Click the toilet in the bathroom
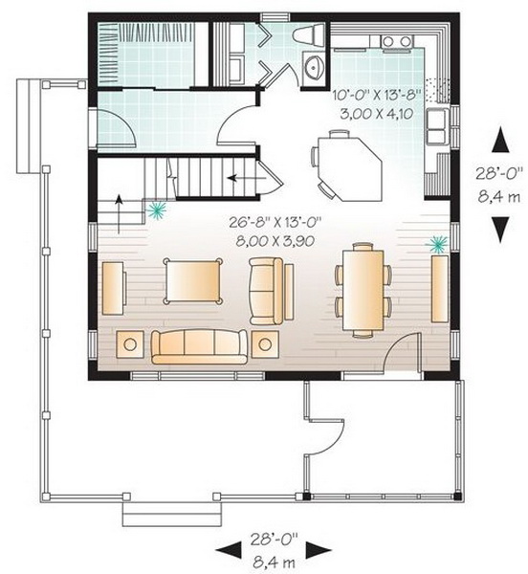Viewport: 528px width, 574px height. (x=309, y=35)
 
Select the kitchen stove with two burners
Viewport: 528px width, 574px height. (x=397, y=42)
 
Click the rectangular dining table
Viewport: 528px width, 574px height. (x=363, y=290)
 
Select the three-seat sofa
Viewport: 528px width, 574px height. (x=199, y=346)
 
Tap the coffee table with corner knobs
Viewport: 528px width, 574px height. (x=193, y=281)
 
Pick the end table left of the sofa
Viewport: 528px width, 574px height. (x=130, y=344)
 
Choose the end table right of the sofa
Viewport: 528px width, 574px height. (x=265, y=344)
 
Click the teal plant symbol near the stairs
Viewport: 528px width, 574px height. (x=157, y=210)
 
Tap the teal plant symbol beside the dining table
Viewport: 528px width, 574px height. (x=437, y=244)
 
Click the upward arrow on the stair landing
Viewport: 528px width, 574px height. (x=119, y=213)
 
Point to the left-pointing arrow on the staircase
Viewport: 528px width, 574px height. (x=247, y=179)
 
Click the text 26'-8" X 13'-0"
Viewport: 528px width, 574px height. (x=275, y=222)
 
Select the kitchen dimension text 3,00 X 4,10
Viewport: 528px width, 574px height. (x=377, y=114)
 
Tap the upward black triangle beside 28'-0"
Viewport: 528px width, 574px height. (x=500, y=140)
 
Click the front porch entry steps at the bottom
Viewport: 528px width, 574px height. (x=172, y=515)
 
